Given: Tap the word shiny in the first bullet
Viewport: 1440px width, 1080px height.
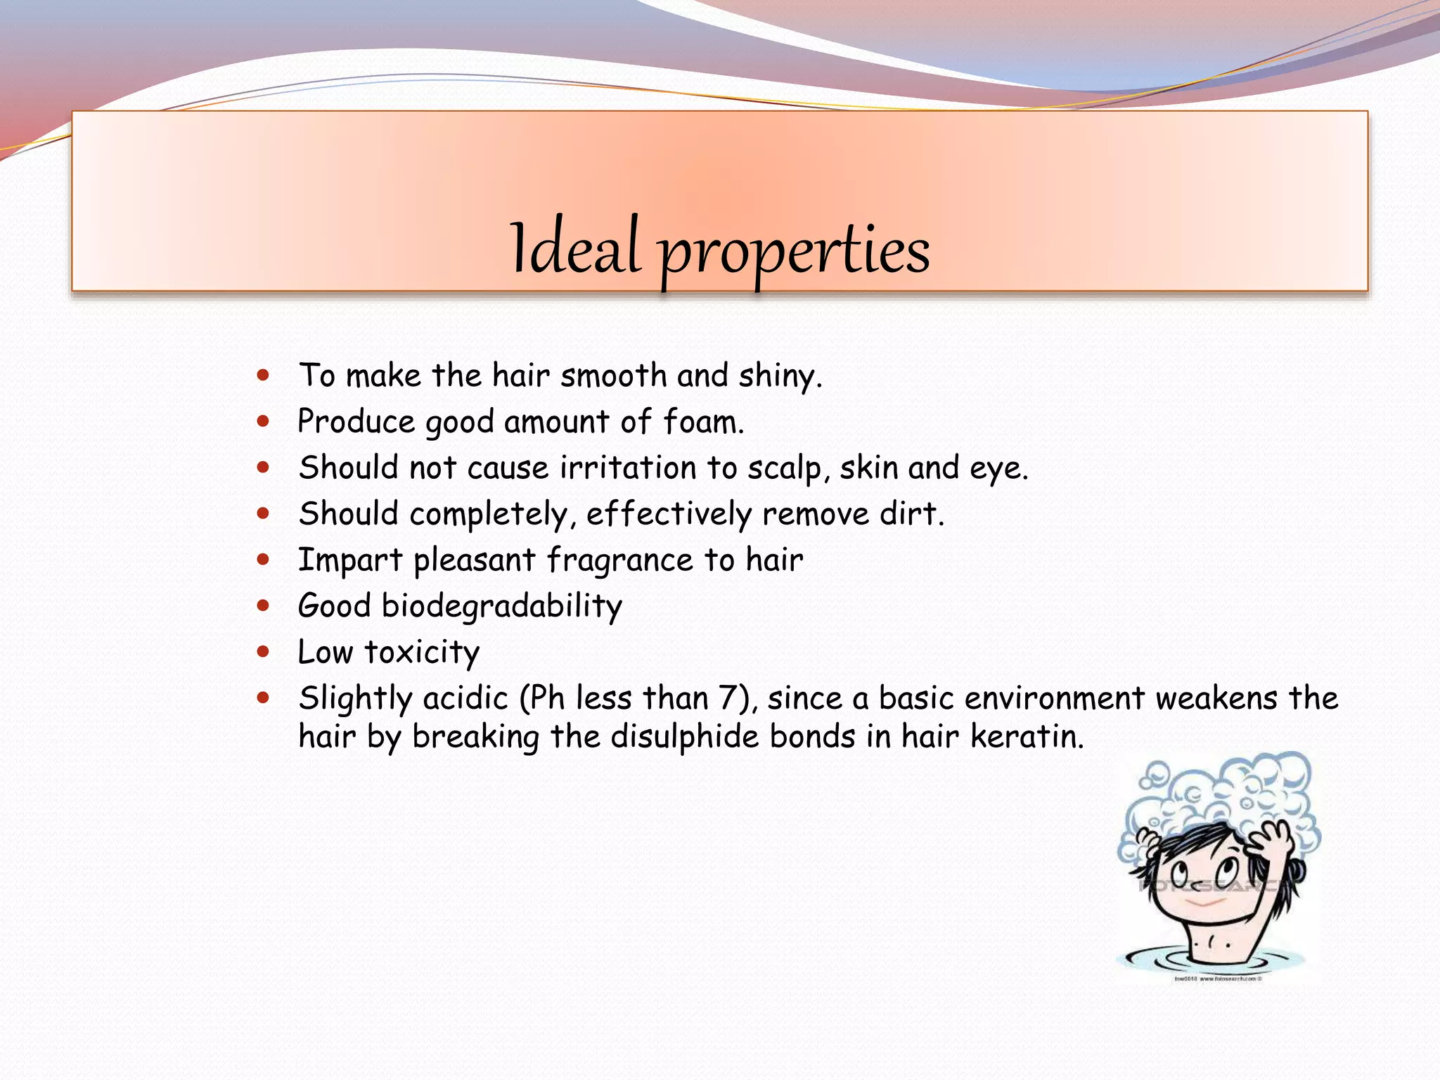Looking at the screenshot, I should coord(779,376).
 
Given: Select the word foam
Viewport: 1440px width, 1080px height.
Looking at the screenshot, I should coord(702,423).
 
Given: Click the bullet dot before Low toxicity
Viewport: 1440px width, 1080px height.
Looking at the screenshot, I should coord(264,652).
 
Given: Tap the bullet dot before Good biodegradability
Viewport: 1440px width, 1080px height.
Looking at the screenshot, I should coord(264,605).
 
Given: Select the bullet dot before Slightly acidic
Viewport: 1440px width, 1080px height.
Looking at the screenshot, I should coord(264,698).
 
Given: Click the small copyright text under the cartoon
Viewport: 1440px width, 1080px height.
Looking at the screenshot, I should coord(1218,978).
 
